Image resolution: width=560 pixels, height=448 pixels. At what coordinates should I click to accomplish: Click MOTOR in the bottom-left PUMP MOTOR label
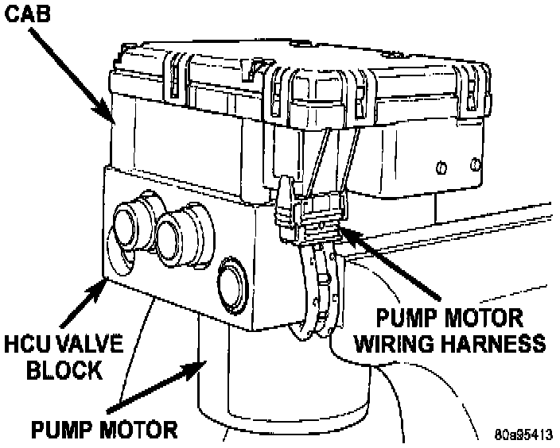[136, 430]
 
